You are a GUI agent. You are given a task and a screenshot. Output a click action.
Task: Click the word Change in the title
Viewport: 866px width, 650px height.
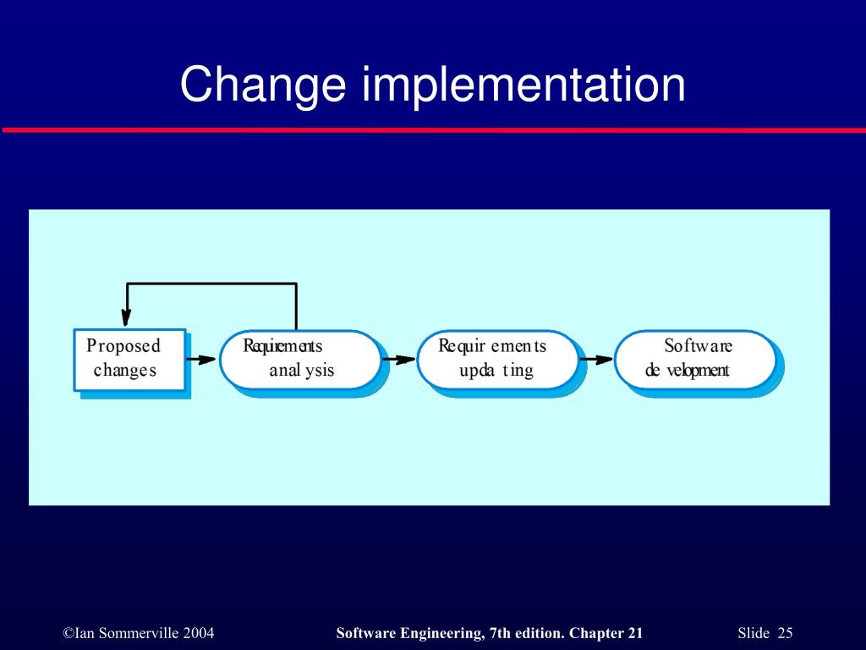tap(264, 85)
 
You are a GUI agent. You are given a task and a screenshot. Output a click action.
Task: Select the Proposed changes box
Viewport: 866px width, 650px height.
tap(129, 359)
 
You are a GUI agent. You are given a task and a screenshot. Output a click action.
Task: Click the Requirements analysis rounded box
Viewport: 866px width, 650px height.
tap(300, 359)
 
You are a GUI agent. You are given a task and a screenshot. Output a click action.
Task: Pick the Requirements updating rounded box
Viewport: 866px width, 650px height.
tap(498, 359)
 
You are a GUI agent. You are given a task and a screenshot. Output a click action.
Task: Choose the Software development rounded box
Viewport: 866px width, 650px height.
tap(695, 359)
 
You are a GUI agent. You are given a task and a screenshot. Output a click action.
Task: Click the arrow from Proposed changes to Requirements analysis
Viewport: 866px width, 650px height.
tap(201, 359)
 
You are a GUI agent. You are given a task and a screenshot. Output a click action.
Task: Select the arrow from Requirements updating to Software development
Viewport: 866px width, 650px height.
tap(596, 359)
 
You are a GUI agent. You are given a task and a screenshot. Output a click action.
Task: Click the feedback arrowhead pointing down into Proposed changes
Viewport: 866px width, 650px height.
tap(127, 317)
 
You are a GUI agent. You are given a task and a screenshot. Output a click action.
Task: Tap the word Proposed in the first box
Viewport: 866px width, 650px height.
tap(123, 346)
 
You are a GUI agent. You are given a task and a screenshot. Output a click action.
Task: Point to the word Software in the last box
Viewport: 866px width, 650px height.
tap(698, 346)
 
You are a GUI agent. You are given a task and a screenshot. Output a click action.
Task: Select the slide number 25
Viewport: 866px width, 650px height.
tap(785, 633)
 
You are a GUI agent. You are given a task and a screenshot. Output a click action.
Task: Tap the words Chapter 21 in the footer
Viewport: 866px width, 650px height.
tap(606, 633)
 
